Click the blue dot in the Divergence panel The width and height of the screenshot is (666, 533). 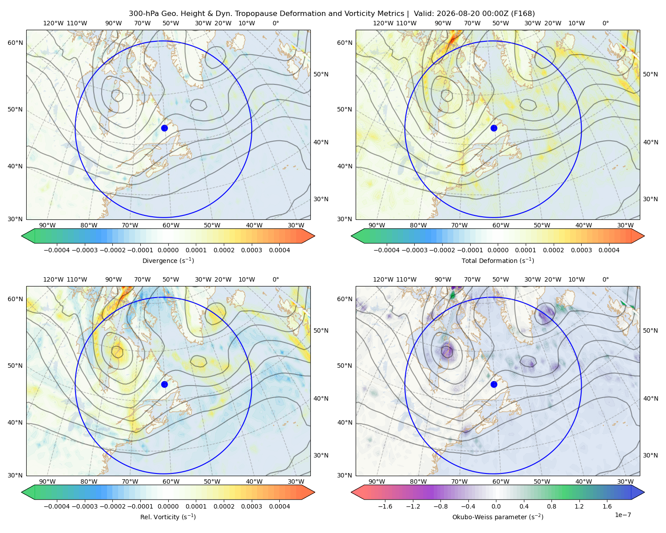coord(164,128)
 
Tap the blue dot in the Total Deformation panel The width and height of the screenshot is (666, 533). coord(494,128)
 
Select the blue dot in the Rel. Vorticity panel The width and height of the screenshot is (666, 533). coord(164,384)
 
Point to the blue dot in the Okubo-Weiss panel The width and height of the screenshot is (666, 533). coord(494,384)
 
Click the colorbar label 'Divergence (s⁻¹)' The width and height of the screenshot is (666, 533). coord(168,260)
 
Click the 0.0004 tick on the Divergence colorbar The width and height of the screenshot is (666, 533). coord(279,250)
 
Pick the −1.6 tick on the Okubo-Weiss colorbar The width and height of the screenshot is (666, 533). coord(385,506)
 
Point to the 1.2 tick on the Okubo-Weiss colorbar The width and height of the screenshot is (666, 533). coord(579,506)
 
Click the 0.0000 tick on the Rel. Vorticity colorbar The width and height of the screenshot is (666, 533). coord(168,506)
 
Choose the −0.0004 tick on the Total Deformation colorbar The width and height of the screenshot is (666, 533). coord(387,250)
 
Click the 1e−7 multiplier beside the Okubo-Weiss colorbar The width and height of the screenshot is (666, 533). coord(622,515)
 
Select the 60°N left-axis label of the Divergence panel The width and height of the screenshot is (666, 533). coord(15,43)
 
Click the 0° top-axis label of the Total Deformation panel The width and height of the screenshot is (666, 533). coord(606,23)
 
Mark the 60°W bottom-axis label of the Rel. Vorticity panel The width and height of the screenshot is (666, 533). coord(171,481)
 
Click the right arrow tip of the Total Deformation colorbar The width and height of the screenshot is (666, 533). coord(644,236)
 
